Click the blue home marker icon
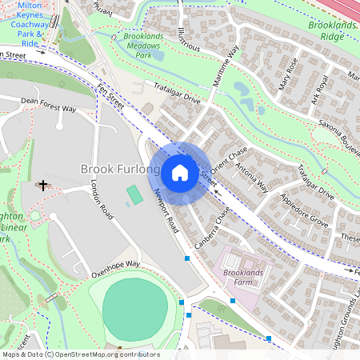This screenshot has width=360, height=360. point(180,173)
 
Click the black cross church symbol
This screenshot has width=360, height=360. point(42,186)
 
